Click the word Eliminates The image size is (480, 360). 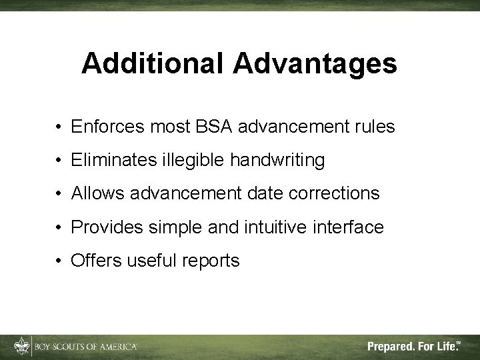click(113, 160)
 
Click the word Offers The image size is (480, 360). click(94, 261)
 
